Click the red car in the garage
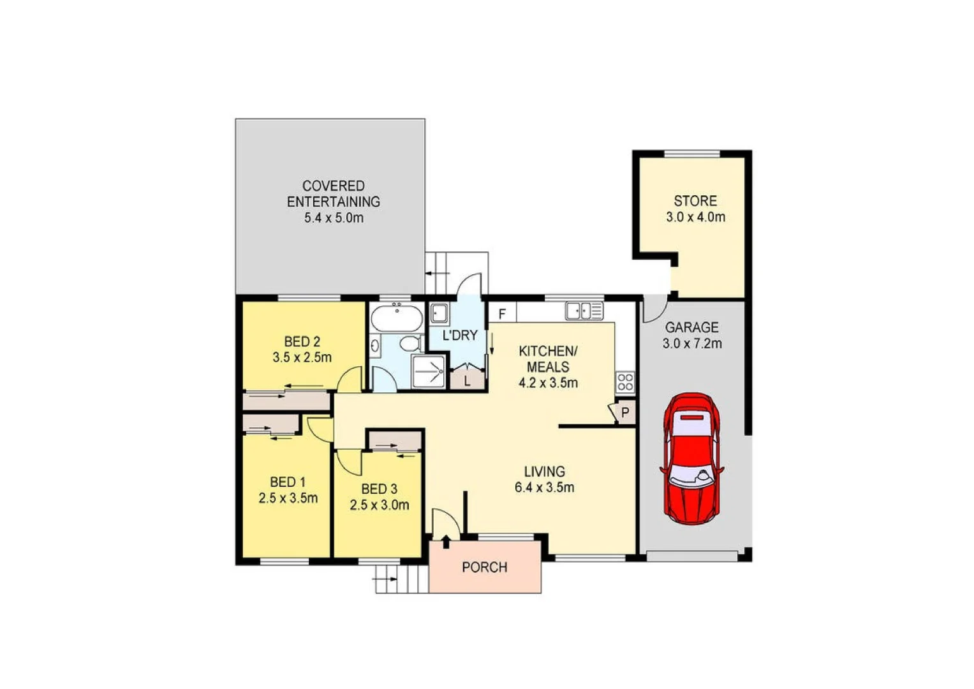(x=692, y=458)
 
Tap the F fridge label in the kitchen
(x=503, y=314)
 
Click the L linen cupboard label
(x=468, y=381)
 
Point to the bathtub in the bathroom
(x=397, y=318)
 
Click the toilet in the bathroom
(x=410, y=343)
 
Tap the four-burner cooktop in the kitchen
(x=625, y=382)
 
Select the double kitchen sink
(x=584, y=311)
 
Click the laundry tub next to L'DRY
(x=439, y=313)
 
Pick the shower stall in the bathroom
(x=428, y=371)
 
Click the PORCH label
(x=485, y=567)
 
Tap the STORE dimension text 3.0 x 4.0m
(x=695, y=217)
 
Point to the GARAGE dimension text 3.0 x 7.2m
(x=692, y=344)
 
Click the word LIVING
(x=544, y=471)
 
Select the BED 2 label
(x=302, y=341)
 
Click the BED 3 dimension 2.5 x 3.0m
(x=380, y=505)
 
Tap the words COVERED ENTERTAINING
(x=333, y=193)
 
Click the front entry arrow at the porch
(x=445, y=541)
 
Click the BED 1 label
(x=288, y=482)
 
